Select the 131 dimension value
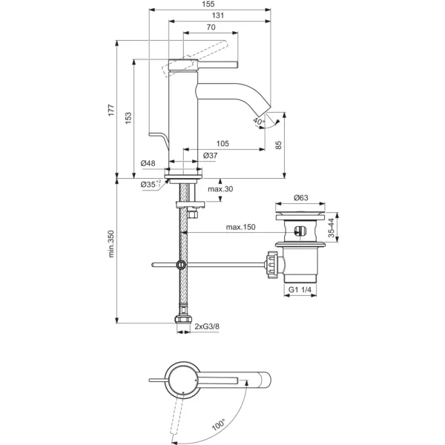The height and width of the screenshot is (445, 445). pyautogui.click(x=218, y=16)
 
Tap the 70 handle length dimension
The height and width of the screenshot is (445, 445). pyautogui.click(x=211, y=27)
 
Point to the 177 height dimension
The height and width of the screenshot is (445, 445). pyautogui.click(x=111, y=110)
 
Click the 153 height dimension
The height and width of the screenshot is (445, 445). pyautogui.click(x=128, y=118)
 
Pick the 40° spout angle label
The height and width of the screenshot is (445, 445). pyautogui.click(x=259, y=122)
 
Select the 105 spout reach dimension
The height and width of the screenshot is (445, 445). pyautogui.click(x=222, y=144)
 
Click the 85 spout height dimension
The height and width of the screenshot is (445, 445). pyautogui.click(x=279, y=145)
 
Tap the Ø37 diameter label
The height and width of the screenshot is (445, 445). pyautogui.click(x=211, y=156)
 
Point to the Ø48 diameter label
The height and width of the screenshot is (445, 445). pyautogui.click(x=148, y=163)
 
